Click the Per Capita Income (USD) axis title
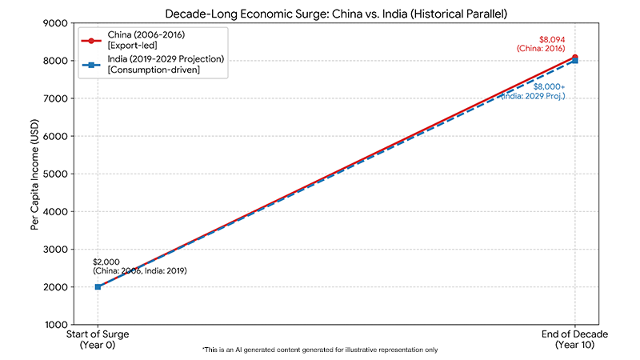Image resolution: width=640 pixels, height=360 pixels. pos(34,174)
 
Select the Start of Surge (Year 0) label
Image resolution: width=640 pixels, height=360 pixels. pos(98,339)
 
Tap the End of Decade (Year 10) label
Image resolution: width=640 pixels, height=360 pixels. pos(574,339)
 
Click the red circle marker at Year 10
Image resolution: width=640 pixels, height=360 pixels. pos(574,58)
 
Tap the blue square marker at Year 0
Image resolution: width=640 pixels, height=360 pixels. pos(98,286)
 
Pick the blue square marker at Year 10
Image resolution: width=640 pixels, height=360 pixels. pos(574,62)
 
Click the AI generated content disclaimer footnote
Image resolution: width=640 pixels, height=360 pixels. pos(320,350)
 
